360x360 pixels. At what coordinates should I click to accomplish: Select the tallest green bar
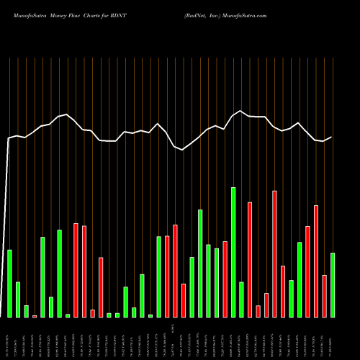tap(233, 252)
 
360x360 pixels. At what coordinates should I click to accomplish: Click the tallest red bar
tap(274, 253)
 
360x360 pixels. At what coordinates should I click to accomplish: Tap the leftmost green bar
tap(9, 283)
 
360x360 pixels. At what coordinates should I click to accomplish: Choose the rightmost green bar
tap(333, 284)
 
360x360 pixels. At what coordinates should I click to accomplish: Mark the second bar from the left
tap(18, 300)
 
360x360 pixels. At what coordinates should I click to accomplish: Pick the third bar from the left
tap(26, 311)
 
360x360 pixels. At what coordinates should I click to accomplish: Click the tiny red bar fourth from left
tap(35, 316)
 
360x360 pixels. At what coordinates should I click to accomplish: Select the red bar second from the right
tap(324, 296)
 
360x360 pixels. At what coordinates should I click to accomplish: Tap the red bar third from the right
tap(316, 261)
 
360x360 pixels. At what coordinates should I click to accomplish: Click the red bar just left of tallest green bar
tap(225, 279)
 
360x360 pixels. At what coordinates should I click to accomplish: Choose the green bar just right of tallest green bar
tap(241, 299)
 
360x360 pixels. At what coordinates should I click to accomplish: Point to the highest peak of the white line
tap(241, 111)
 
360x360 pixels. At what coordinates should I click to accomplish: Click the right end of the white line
tap(332, 137)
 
